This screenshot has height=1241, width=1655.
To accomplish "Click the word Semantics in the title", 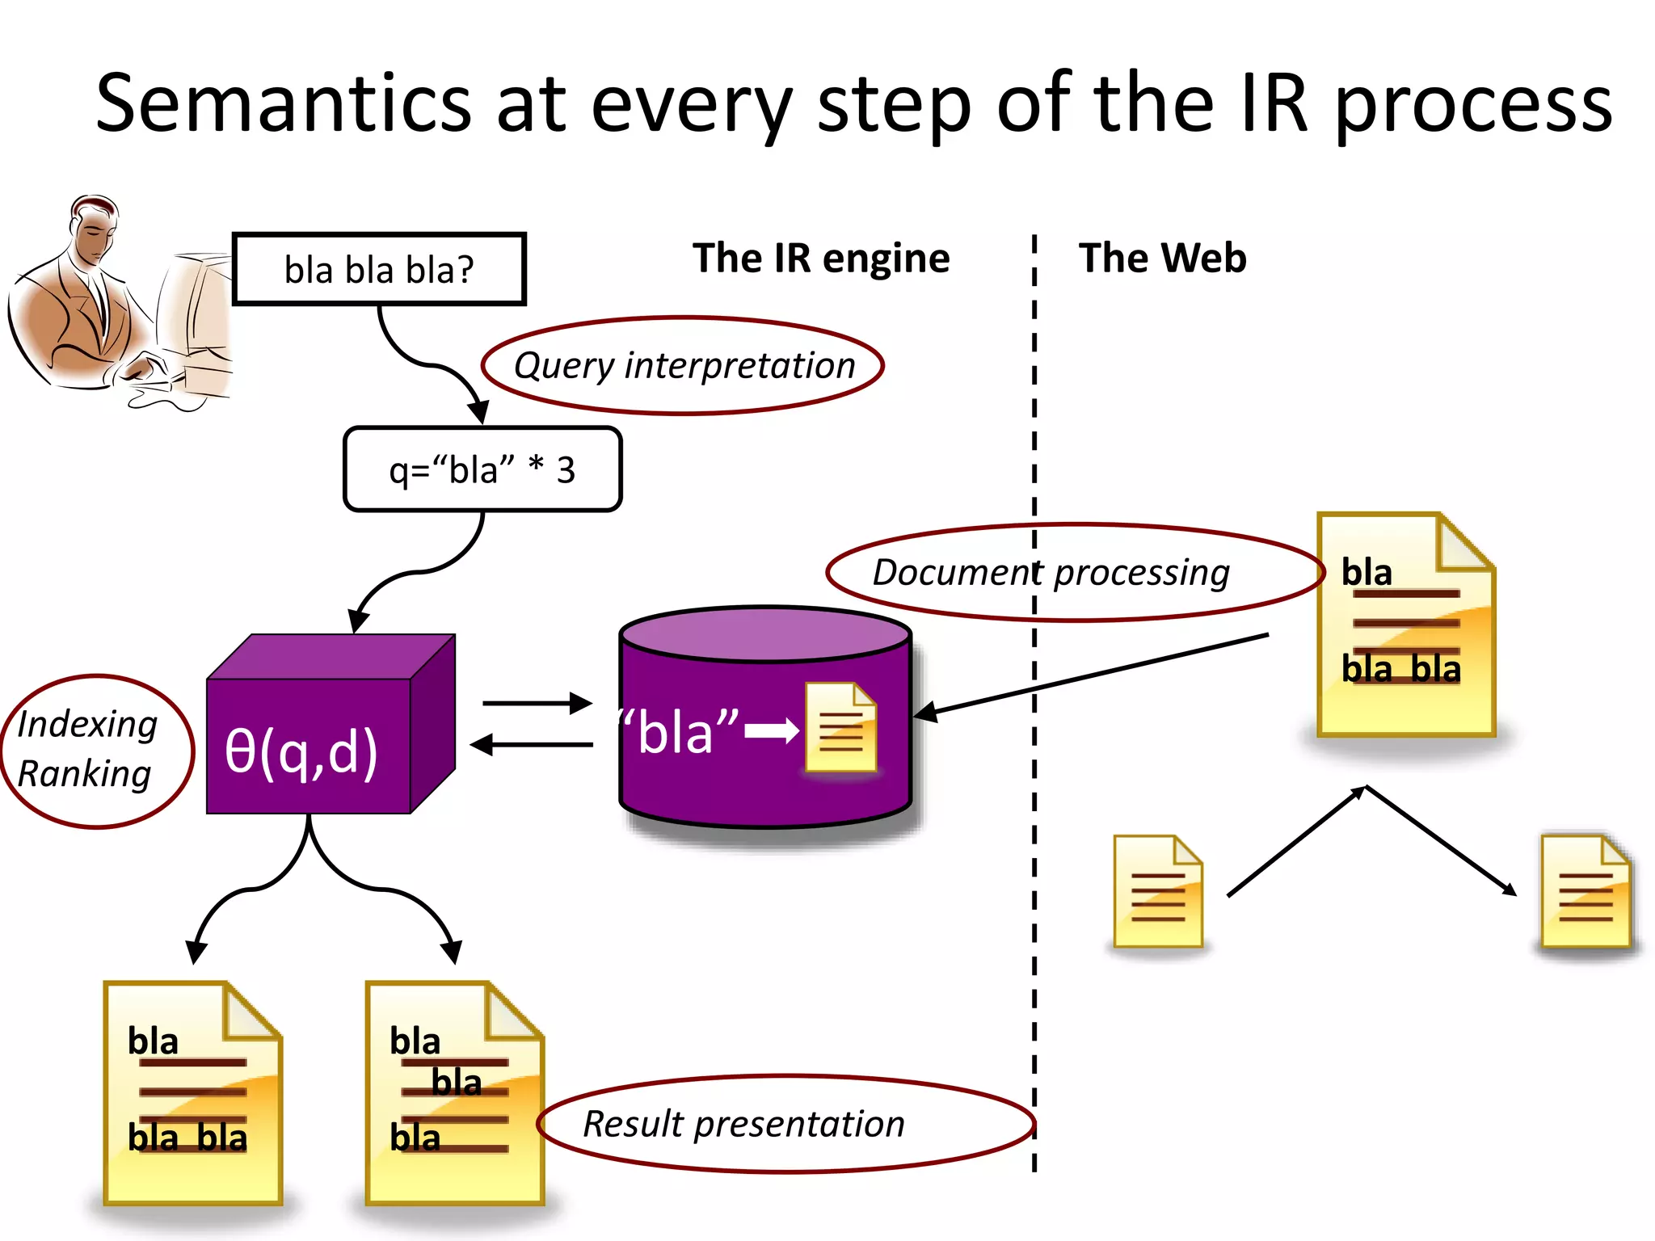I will coord(283,105).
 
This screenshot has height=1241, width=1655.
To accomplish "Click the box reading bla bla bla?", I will coord(379,269).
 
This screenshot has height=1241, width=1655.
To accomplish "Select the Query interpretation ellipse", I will coord(683,366).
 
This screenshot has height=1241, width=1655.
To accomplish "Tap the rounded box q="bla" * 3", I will coord(482,469).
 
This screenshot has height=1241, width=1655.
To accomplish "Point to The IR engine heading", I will coord(821,259).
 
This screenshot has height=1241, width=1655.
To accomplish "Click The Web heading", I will coord(1162,259).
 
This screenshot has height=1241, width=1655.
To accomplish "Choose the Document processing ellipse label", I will coord(1051,573).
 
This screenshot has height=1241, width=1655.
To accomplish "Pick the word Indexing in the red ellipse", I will coord(87,724).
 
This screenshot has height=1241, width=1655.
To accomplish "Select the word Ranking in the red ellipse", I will coord(84,774).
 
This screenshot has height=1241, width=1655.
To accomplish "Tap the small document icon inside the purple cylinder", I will coord(840,727).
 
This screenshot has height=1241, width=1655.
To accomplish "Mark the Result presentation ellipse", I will coord(743,1124).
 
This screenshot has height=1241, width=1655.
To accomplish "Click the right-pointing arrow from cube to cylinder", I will coord(537,704).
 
